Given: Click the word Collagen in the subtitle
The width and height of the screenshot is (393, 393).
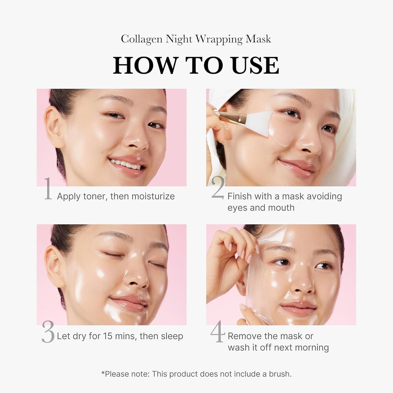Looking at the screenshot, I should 141,39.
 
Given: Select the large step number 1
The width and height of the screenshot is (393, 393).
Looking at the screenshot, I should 48,189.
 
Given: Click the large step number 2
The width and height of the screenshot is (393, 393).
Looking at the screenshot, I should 218,188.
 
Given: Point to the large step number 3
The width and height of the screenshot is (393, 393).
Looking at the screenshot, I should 48,332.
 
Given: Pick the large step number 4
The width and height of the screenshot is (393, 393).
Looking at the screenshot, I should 218,331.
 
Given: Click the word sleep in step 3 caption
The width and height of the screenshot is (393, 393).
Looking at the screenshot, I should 172,336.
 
